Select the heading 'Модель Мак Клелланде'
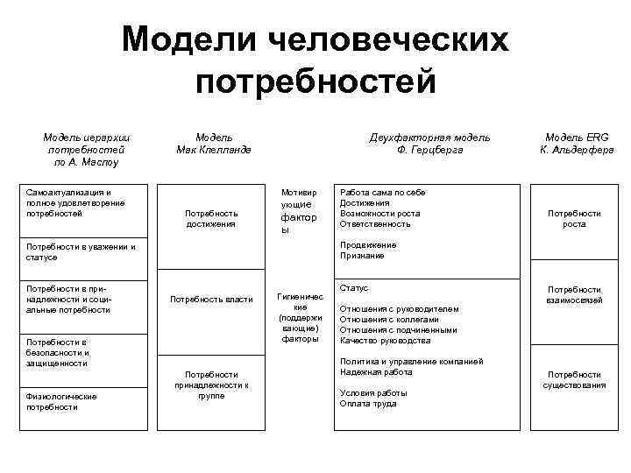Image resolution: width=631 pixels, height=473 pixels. coord(214,144)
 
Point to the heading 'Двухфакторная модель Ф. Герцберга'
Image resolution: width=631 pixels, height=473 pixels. coord(429,144)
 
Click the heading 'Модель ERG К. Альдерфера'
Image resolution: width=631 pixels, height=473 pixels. coord(575,144)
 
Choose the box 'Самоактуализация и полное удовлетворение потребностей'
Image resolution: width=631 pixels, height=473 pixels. coord(76,202)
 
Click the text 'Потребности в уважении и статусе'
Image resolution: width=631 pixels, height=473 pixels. coord(82,252)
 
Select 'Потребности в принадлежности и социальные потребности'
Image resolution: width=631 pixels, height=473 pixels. coord(69,299)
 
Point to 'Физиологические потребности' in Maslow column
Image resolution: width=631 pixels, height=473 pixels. coord(61,401)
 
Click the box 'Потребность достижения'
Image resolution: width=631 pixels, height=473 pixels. coord(211,218)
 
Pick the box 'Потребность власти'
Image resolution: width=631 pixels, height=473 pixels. coord(211,299)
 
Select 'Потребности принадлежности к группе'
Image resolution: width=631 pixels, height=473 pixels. coord(211,385)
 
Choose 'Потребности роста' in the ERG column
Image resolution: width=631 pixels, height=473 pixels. coord(574,218)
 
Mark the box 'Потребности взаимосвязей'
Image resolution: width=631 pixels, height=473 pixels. coord(574,294)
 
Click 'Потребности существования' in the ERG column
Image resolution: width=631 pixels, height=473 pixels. coord(574,380)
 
